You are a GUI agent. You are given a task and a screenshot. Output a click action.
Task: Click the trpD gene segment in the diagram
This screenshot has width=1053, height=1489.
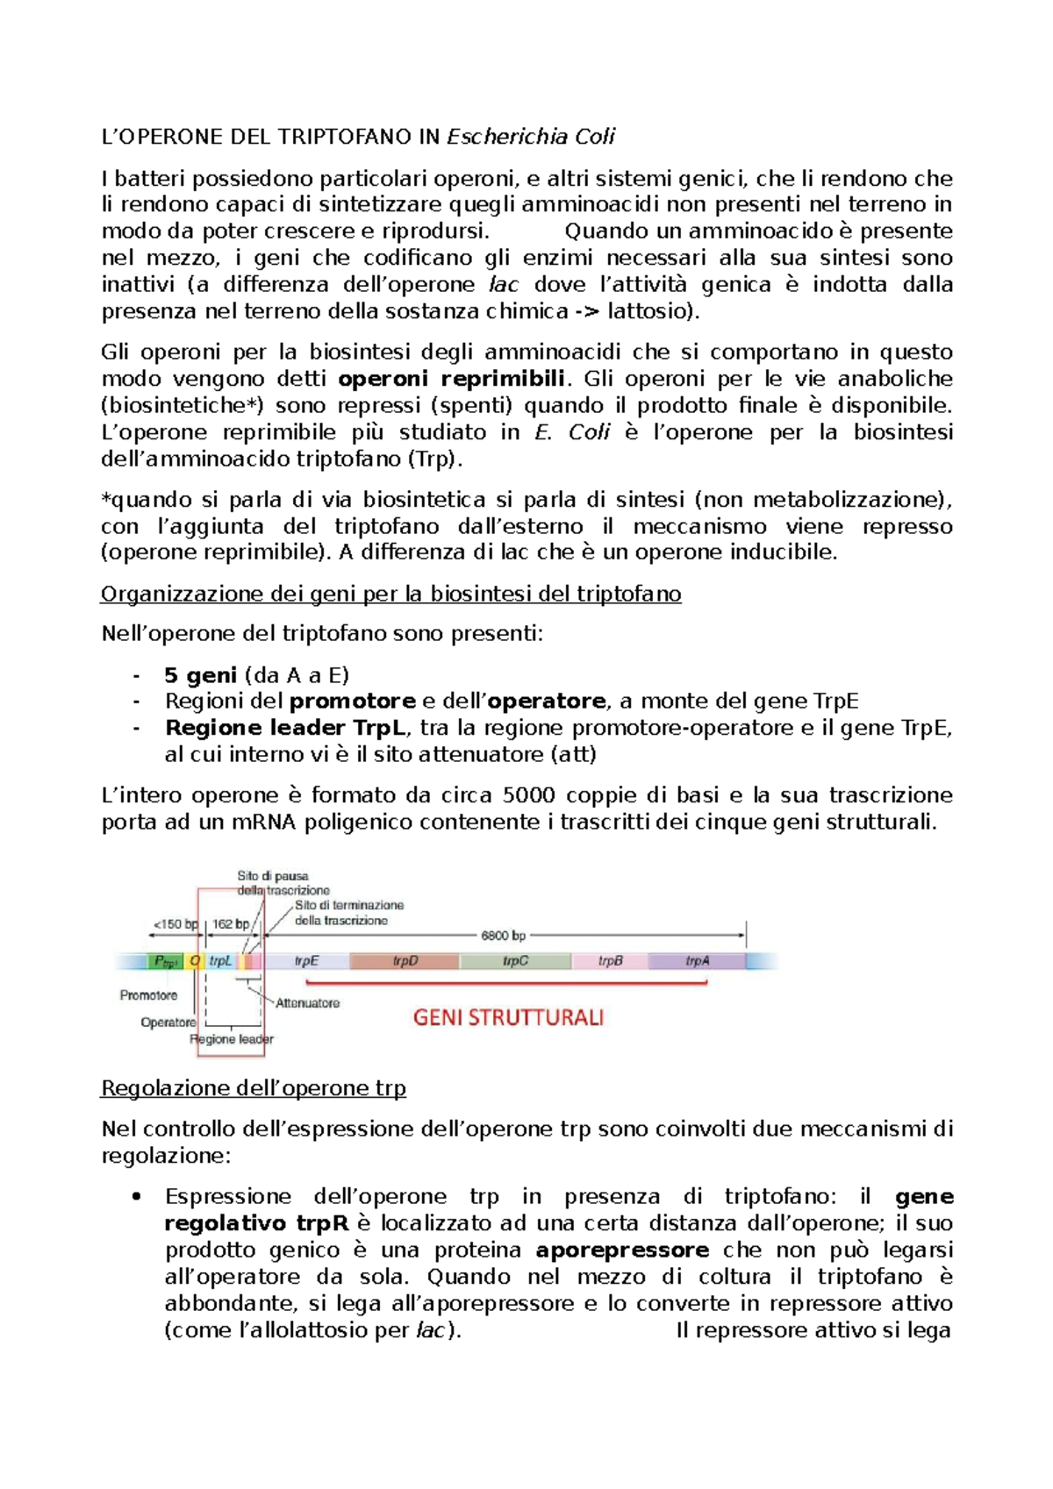coord(405,961)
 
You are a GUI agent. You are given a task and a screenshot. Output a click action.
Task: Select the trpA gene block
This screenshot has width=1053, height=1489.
coord(697,961)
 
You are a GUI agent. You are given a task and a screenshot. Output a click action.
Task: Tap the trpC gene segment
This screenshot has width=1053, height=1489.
coord(515,961)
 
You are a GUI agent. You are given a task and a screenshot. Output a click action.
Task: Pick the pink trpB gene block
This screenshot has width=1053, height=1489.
coord(610,961)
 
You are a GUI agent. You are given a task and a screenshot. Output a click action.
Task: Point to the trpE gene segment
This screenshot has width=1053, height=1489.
coord(306,961)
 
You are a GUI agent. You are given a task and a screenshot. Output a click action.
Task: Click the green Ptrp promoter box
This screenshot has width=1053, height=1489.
coord(165,961)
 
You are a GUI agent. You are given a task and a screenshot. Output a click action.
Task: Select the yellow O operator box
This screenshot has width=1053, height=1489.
coord(195,961)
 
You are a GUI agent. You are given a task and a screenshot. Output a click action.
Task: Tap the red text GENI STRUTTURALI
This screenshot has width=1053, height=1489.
coord(508,1018)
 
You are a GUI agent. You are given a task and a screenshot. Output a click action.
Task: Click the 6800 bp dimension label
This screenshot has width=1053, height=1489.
coord(503,936)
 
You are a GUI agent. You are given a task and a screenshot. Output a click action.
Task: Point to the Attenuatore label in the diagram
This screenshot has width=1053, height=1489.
coord(307,1003)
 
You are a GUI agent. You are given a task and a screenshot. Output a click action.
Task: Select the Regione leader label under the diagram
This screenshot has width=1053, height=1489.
coord(232,1039)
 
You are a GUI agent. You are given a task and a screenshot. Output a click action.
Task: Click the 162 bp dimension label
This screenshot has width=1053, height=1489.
coord(231,923)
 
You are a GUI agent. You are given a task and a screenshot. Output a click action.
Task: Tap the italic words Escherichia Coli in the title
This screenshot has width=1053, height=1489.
coord(531,137)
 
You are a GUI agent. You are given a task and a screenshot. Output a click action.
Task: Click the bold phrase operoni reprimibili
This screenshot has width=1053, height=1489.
coord(452,379)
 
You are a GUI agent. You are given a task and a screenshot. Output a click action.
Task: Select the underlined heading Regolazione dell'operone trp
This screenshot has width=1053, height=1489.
coord(254,1088)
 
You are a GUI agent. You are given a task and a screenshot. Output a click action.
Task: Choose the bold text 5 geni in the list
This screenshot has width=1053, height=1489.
coord(200,675)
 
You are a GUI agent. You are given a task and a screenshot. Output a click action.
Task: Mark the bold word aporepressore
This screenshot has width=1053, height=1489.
coord(622,1250)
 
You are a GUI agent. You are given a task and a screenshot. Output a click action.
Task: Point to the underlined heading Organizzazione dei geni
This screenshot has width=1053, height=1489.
coord(390,595)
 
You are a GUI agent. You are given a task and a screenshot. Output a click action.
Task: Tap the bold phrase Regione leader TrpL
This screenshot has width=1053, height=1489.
coord(285,728)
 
